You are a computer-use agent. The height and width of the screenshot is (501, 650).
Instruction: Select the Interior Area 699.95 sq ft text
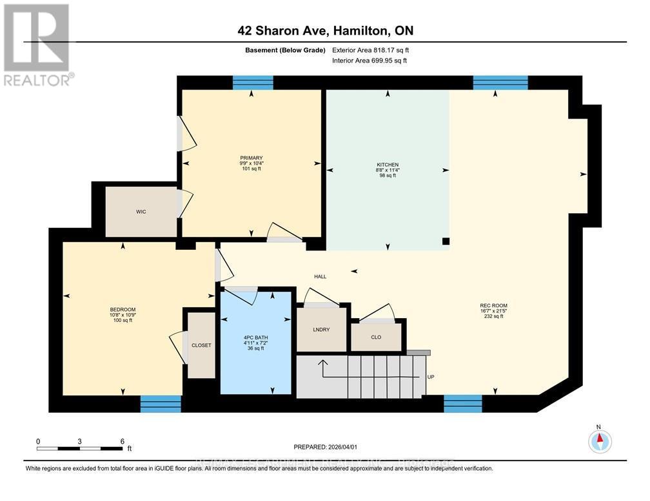tap(369, 61)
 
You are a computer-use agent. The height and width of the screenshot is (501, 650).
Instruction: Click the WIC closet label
tap(141, 212)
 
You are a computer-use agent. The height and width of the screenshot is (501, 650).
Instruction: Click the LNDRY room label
tap(321, 330)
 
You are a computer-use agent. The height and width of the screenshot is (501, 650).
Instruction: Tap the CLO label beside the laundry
tap(376, 336)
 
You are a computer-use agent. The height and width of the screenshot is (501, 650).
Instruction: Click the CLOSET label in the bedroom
tap(201, 345)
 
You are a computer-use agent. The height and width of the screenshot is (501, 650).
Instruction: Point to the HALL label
tap(320, 276)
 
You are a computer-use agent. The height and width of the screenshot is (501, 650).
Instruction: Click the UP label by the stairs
tap(430, 377)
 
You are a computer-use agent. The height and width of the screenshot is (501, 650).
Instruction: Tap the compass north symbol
tap(599, 440)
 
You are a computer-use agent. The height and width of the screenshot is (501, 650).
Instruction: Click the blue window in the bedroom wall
tap(161, 403)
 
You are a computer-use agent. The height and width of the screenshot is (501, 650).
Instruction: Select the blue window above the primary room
tap(252, 82)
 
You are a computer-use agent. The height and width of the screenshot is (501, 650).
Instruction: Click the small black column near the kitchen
tap(446, 241)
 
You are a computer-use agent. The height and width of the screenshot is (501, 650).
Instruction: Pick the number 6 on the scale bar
tap(121, 442)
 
